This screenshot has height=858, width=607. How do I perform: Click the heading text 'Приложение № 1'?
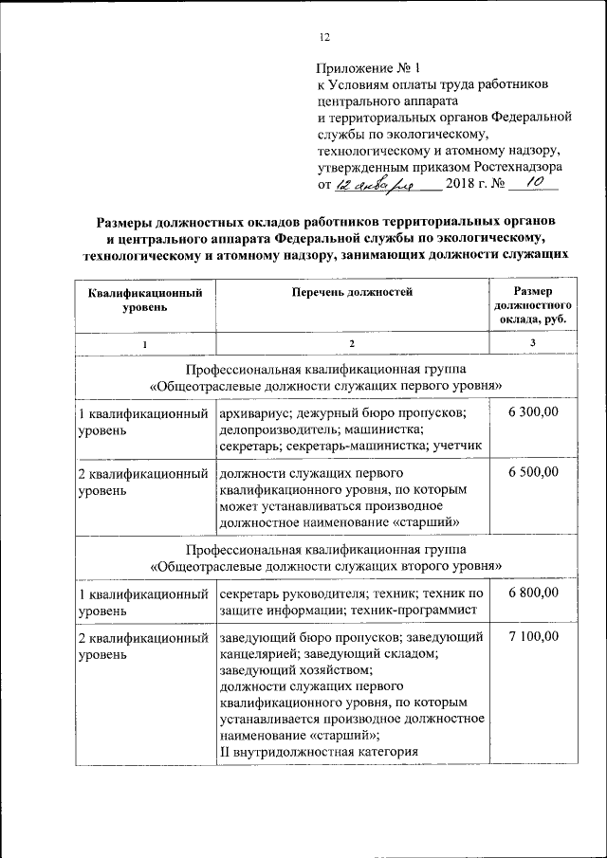[x=367, y=68]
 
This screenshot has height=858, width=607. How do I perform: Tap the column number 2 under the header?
[x=351, y=343]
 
